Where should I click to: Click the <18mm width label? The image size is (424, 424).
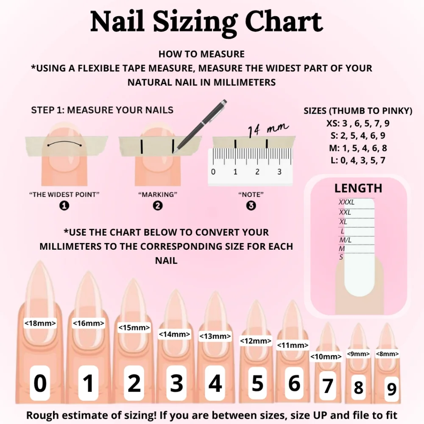(x=40, y=324)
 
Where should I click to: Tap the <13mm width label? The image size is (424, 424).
(x=215, y=337)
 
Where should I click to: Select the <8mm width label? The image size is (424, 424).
(x=387, y=354)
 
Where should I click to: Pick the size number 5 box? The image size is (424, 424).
(x=257, y=383)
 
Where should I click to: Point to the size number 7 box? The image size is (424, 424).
(x=327, y=386)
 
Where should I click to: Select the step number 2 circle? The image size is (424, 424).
(x=158, y=206)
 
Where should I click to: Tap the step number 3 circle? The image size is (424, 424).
(x=251, y=206)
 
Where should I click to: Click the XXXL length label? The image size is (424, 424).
(x=346, y=202)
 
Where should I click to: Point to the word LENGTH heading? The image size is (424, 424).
(x=358, y=188)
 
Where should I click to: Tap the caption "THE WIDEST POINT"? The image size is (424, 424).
(x=64, y=195)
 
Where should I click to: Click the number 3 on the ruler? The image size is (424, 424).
(x=279, y=172)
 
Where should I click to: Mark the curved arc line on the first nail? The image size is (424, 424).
(x=64, y=143)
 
